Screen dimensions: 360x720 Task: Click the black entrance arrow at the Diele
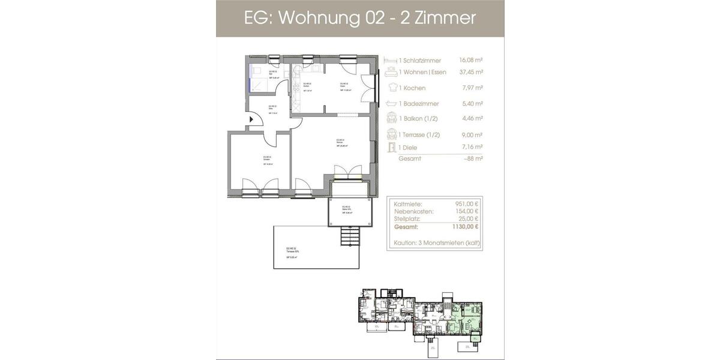point(252,119)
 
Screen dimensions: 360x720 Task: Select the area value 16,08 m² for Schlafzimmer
point(471,61)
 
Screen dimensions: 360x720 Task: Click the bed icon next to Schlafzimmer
point(391,61)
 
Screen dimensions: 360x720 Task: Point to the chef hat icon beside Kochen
point(391,88)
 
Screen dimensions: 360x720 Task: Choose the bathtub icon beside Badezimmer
point(391,104)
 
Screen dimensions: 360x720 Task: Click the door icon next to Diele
point(391,148)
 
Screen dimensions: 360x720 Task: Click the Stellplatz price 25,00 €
point(467,219)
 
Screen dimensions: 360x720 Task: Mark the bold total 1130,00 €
point(464,227)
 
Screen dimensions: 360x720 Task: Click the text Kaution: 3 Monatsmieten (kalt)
point(436,244)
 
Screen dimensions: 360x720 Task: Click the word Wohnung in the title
point(313,18)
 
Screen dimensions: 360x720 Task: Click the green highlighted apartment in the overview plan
point(465,316)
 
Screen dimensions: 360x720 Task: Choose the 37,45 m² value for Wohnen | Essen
point(471,72)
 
